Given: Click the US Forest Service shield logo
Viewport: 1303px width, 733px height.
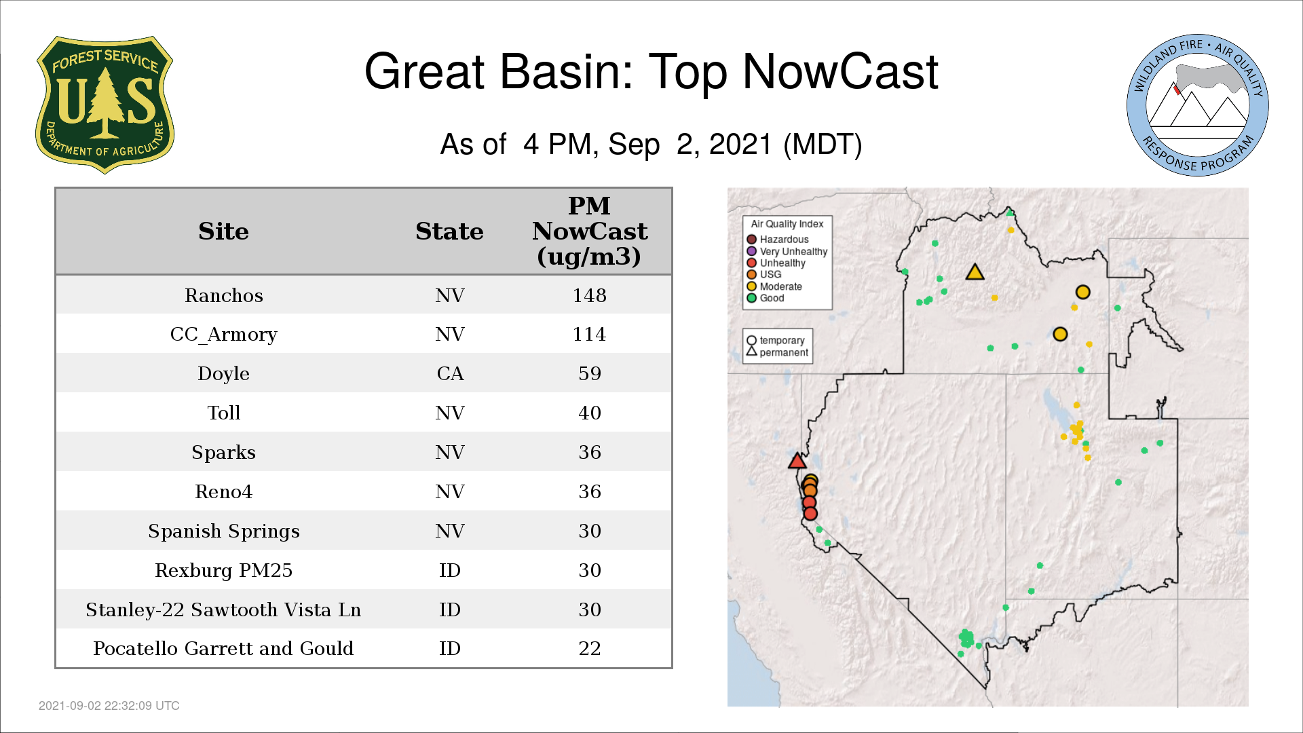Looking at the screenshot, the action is pyautogui.click(x=105, y=105).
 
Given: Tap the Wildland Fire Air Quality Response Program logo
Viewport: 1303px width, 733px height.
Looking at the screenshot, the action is pyautogui.click(x=1198, y=105).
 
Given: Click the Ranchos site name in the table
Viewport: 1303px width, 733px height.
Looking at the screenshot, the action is pyautogui.click(x=224, y=295).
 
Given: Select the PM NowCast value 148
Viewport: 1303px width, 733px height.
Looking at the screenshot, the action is pyautogui.click(x=589, y=295).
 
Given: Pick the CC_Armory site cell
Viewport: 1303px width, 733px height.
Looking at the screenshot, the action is pyautogui.click(x=224, y=335).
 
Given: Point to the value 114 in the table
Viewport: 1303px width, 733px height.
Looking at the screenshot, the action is pyautogui.click(x=589, y=335).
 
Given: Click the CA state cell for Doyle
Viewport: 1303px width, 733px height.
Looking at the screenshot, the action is pyautogui.click(x=450, y=374).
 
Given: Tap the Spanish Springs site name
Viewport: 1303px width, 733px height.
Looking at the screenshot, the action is pyautogui.click(x=224, y=531).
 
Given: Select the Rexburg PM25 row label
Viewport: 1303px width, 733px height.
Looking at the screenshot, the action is pyautogui.click(x=224, y=570).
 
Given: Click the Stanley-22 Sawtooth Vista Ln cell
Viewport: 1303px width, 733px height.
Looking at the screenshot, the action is pyautogui.click(x=223, y=609).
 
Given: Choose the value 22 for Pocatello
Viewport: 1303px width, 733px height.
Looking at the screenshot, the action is pyautogui.click(x=590, y=649).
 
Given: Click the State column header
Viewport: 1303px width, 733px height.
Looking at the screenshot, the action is pyautogui.click(x=449, y=231).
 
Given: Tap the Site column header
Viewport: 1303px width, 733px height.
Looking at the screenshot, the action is pyautogui.click(x=224, y=231).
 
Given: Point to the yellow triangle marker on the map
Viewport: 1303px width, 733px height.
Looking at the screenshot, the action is pyautogui.click(x=975, y=273).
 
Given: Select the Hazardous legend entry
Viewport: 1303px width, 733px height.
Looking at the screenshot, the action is pyautogui.click(x=778, y=240).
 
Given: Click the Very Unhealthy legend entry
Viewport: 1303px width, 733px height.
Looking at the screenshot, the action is pyautogui.click(x=787, y=251).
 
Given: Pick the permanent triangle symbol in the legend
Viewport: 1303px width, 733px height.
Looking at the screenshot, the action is pyautogui.click(x=751, y=352).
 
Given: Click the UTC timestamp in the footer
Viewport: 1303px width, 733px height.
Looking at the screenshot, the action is pyautogui.click(x=109, y=706).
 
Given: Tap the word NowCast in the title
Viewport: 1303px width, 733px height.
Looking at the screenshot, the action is pyautogui.click(x=840, y=71).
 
